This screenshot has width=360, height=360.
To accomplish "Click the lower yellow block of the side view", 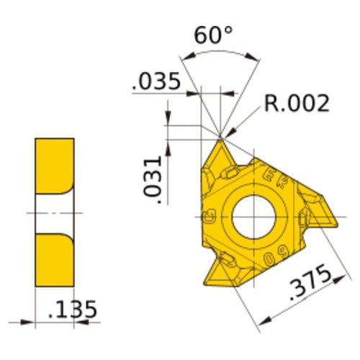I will [55, 261].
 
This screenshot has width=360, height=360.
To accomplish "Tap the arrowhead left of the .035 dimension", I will [197, 92].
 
